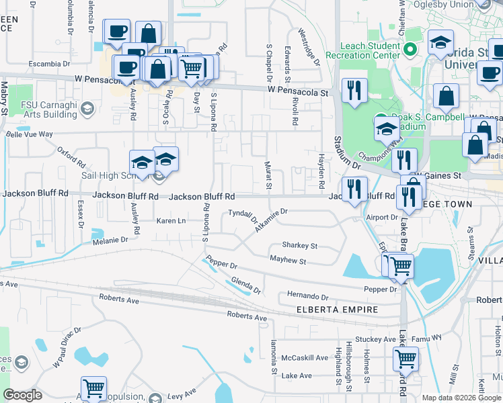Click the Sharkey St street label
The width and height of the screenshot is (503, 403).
click(299, 246)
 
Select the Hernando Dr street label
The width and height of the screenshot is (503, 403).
click(307, 296)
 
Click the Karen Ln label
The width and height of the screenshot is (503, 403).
click(170, 221)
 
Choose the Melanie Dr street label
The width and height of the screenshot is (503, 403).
click(110, 240)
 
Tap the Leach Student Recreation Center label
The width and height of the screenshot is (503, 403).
click(364, 50)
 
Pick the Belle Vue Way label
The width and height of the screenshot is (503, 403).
click(29, 134)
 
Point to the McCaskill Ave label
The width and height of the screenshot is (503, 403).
click(305, 357)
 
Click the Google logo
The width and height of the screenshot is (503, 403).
click(23, 395)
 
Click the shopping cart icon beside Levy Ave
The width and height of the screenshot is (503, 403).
click(93, 388)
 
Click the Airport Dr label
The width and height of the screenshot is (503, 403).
click(383, 218)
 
